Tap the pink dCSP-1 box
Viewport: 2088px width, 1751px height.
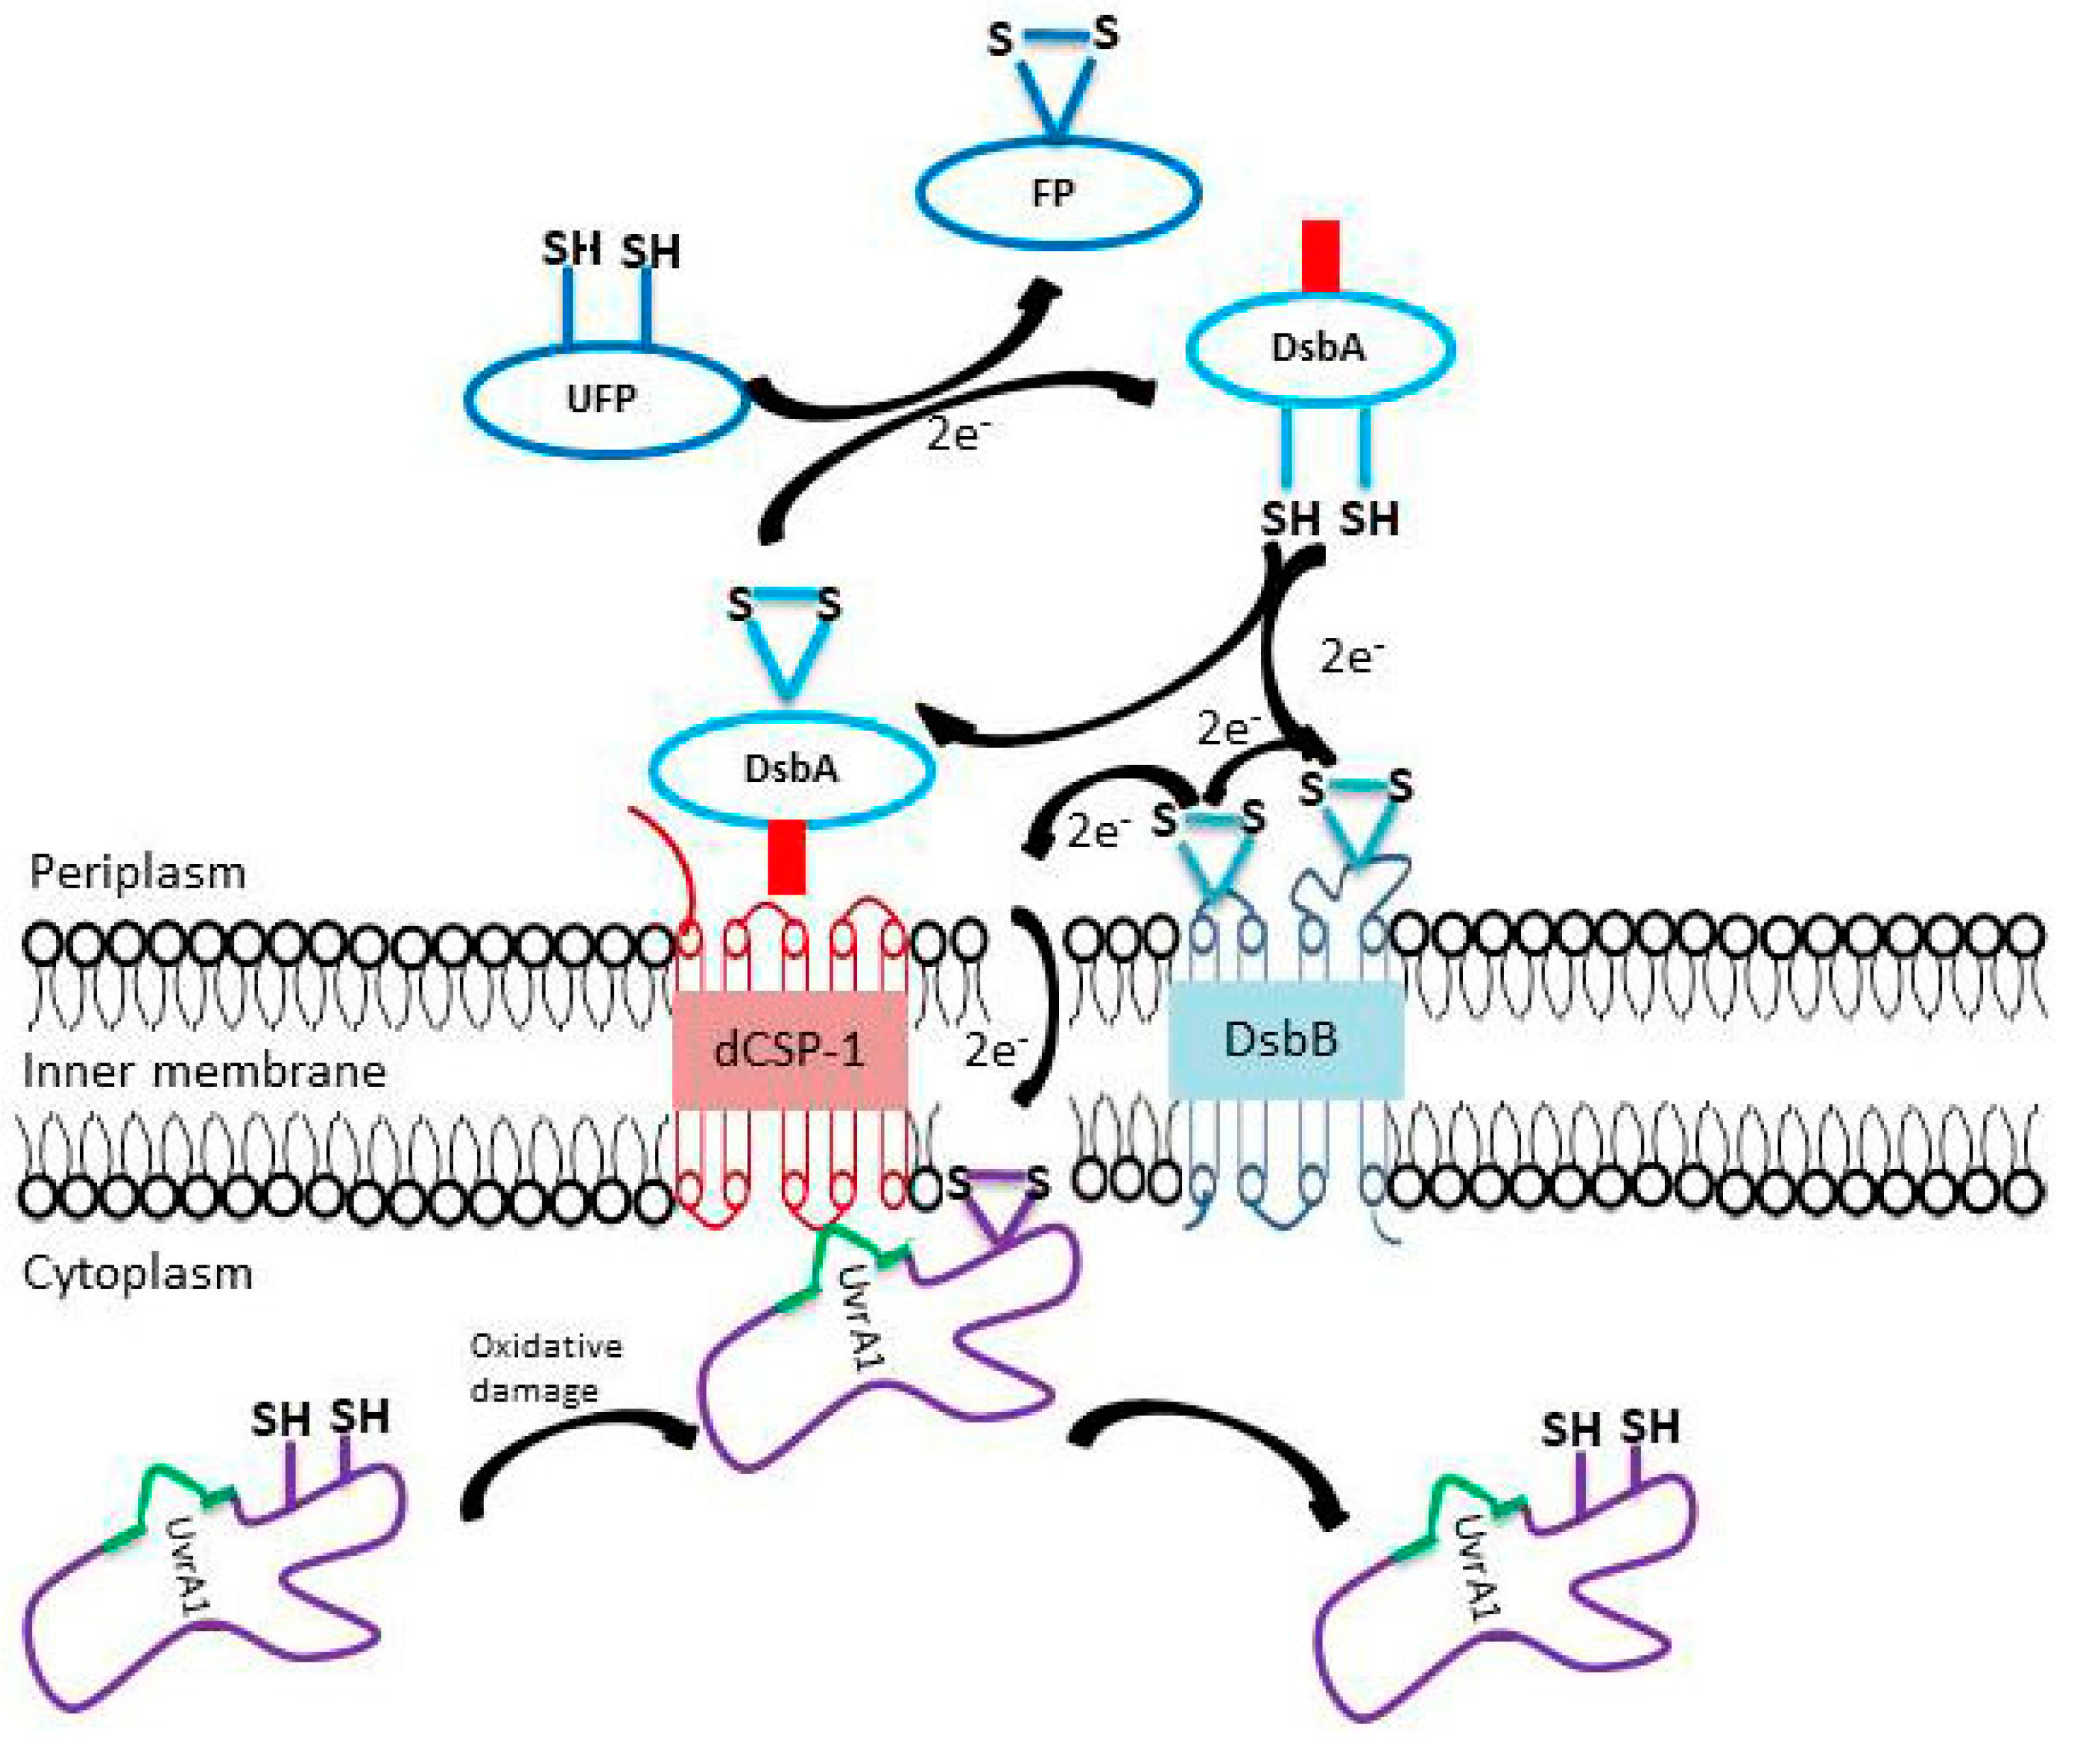click(790, 1049)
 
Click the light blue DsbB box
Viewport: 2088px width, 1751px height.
click(1284, 1040)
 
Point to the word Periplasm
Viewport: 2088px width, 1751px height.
click(137, 873)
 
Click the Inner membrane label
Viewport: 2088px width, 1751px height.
click(204, 1071)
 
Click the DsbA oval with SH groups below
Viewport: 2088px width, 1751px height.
click(1320, 348)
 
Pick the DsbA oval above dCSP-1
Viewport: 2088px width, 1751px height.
click(792, 768)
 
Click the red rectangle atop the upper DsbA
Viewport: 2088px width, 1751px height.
click(1320, 257)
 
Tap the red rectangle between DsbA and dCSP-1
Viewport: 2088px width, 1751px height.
click(787, 856)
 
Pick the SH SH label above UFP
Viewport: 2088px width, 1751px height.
click(610, 250)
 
